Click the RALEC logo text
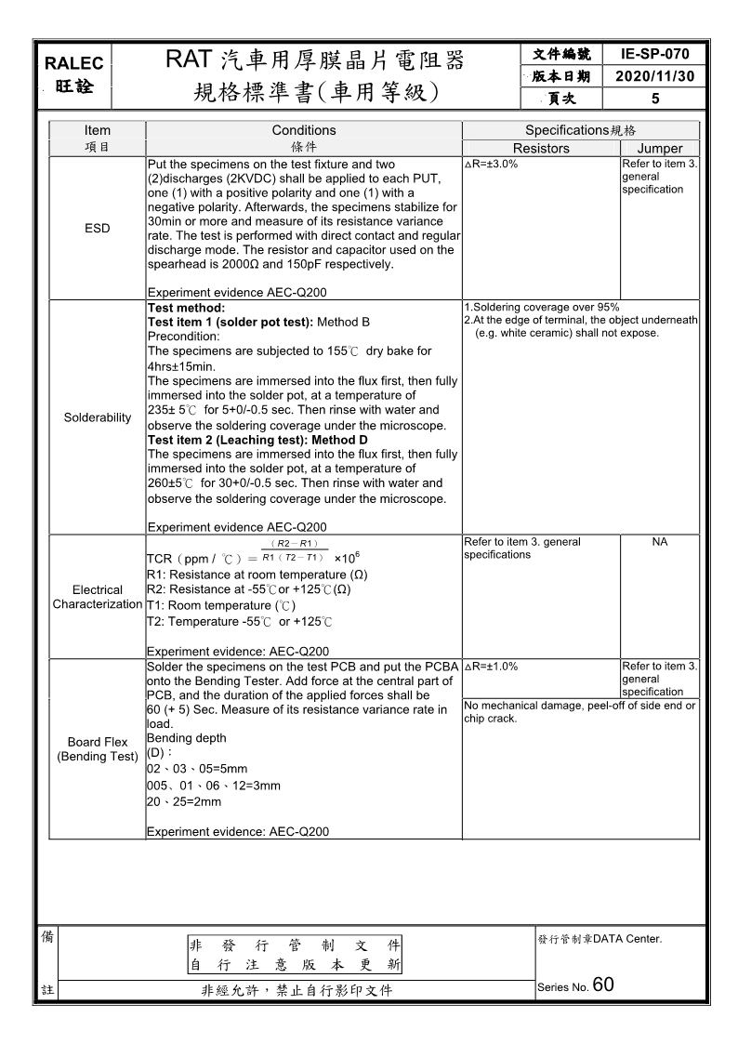click(x=74, y=63)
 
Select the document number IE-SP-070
click(x=655, y=55)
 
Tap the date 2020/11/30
click(x=655, y=76)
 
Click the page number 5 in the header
click(x=655, y=98)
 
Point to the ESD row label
click(x=97, y=229)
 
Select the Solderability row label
click(x=97, y=417)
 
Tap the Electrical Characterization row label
click(x=97, y=597)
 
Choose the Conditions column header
click(x=304, y=130)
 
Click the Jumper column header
click(x=660, y=149)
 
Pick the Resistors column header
click(x=541, y=149)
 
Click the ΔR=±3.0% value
click(x=491, y=164)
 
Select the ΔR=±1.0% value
click(x=491, y=667)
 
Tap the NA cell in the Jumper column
click(x=660, y=542)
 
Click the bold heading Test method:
click(x=187, y=308)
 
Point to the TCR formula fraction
click(x=293, y=550)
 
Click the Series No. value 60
click(x=603, y=985)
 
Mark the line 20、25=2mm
click(x=184, y=801)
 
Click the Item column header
click(x=97, y=130)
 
